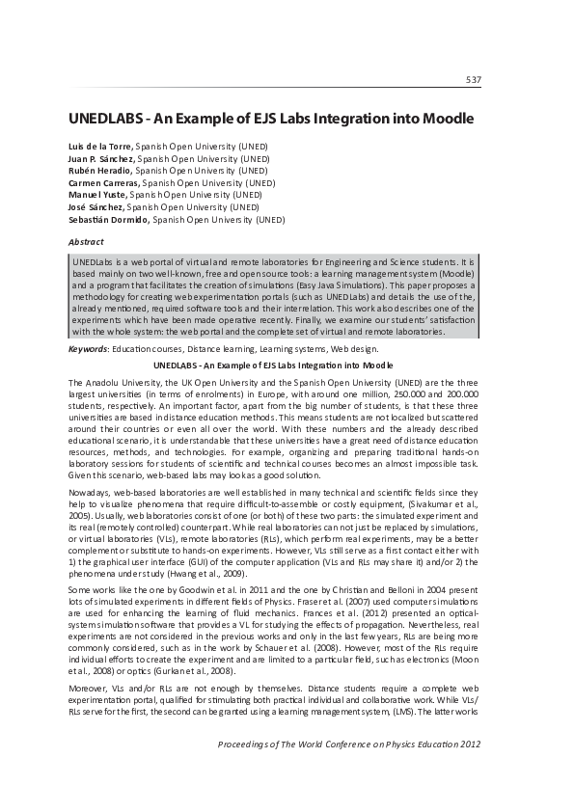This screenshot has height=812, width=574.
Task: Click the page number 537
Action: tap(473, 79)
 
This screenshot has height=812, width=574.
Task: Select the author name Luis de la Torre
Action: tap(103, 146)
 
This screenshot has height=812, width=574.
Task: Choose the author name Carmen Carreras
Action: tap(104, 182)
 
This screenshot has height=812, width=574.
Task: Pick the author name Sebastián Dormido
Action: tap(109, 219)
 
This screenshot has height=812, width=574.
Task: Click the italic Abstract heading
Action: tap(86, 241)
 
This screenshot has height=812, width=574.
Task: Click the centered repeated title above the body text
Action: tap(273, 365)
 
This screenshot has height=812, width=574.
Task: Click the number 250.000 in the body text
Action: tap(391, 393)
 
